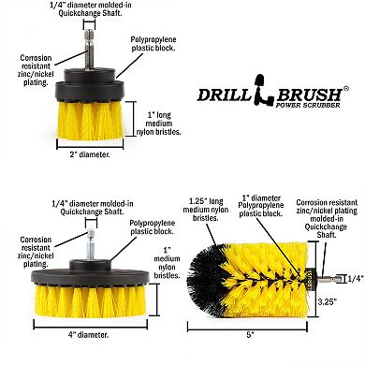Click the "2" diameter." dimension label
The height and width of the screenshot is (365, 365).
[x=90, y=154]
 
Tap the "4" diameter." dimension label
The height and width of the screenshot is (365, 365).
[x=88, y=335]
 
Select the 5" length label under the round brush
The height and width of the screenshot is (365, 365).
[x=250, y=335]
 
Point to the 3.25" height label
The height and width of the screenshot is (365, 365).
[x=328, y=302]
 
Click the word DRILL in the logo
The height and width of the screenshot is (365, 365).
[x=225, y=95]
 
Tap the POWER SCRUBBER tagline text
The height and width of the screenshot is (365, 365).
[x=308, y=105]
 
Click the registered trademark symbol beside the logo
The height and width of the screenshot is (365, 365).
[x=345, y=89]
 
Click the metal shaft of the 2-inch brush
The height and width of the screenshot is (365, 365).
[x=89, y=50]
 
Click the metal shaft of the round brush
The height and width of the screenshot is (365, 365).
[x=327, y=279]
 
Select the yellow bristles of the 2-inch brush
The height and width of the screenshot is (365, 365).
[x=91, y=120]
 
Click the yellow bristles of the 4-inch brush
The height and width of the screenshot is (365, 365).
[x=90, y=301]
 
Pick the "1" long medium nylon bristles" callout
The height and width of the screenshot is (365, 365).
[x=159, y=124]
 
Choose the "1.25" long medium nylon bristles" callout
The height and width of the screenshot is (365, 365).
[x=206, y=210]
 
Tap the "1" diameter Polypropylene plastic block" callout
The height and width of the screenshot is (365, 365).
[x=261, y=206]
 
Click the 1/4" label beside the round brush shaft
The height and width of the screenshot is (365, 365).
[x=356, y=279]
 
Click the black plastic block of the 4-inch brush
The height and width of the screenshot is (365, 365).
[x=90, y=274]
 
